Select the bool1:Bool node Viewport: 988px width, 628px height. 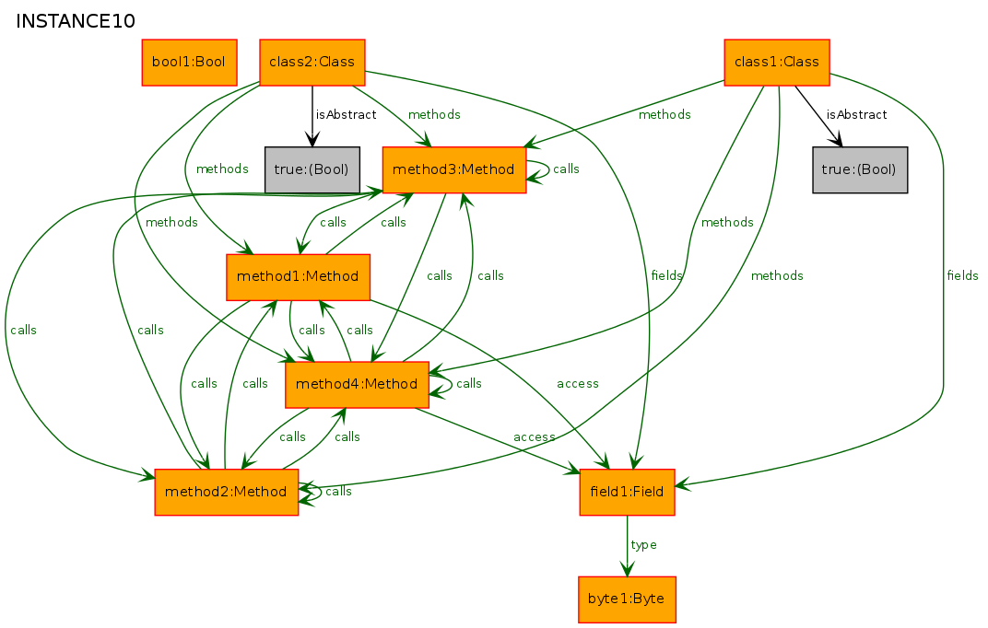189,63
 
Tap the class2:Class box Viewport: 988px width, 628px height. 312,63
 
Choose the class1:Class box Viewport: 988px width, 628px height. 777,63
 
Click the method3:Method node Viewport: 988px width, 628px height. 453,169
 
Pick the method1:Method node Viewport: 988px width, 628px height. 298,277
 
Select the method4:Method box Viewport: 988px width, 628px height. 358,384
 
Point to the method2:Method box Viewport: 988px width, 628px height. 226,492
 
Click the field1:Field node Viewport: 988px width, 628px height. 627,492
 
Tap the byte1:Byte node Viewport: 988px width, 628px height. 627,599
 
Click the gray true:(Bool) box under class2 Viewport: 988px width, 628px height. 312,169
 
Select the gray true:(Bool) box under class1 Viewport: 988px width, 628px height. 860,169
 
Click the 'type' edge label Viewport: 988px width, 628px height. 643,545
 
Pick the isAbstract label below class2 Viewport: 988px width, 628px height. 346,115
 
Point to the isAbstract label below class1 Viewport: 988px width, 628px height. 856,115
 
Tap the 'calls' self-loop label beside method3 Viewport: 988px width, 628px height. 566,169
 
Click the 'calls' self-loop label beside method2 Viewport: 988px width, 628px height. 338,492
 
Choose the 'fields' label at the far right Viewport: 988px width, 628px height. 962,276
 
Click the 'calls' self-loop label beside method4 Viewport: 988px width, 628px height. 469,384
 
